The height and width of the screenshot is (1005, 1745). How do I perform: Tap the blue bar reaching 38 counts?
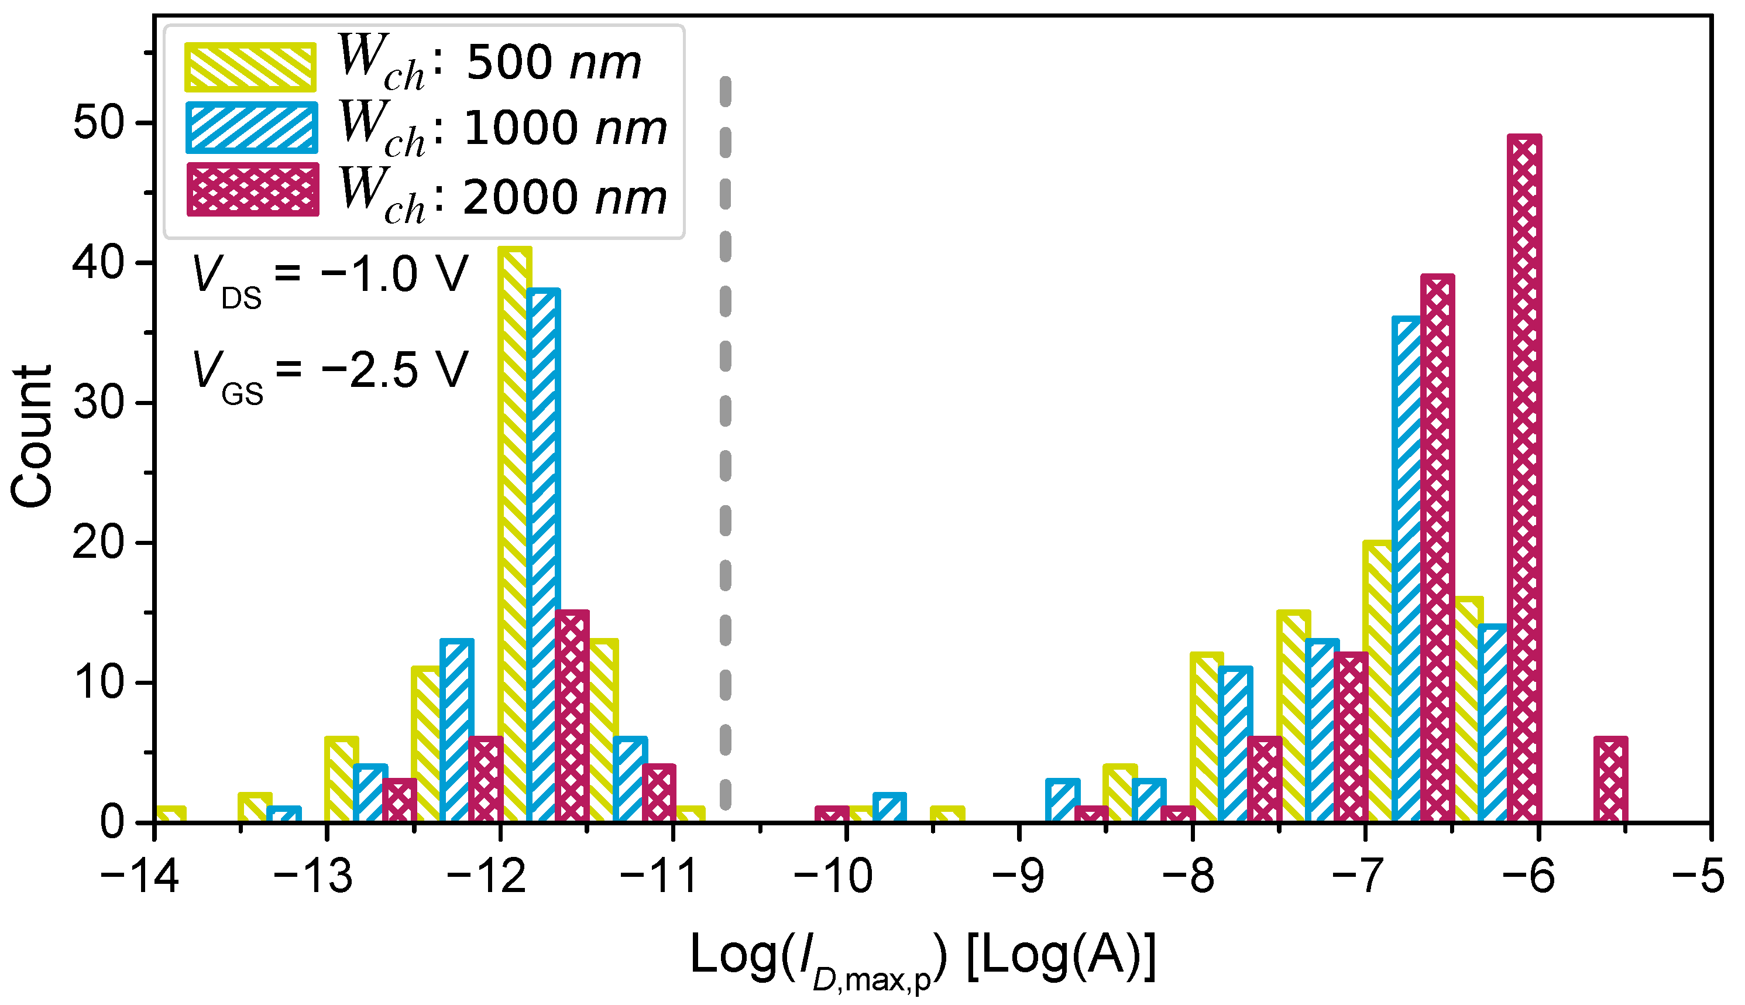pos(543,555)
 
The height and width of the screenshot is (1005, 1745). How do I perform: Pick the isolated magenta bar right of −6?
pos(1610,780)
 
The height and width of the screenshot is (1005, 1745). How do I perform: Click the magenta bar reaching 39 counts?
pos(1437,549)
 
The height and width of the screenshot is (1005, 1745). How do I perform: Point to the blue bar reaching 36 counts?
pos(1407,570)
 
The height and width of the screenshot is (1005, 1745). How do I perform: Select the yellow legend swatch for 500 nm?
pos(250,67)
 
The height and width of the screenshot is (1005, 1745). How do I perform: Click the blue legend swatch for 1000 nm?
pos(251,128)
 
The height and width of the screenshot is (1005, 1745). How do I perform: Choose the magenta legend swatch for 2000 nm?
pos(253,190)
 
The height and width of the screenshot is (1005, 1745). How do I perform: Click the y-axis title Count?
pos(32,436)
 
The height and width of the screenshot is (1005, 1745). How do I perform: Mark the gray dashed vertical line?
pos(725,442)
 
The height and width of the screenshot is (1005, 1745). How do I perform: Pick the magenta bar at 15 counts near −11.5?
pos(572,716)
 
